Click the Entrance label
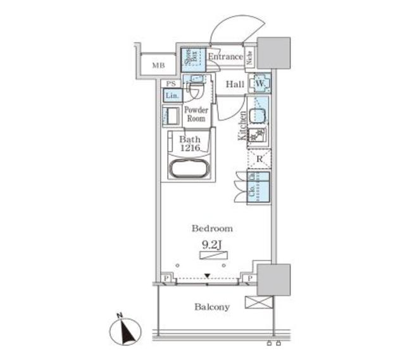pyautogui.click(x=225, y=57)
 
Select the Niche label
pyautogui.click(x=250, y=58)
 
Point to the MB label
pyautogui.click(x=158, y=65)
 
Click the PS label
pyautogui.click(x=170, y=84)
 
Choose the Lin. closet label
pyautogui.click(x=171, y=96)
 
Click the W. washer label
pyautogui.click(x=260, y=84)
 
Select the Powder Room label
pyautogui.click(x=196, y=114)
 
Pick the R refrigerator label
pyautogui.click(x=259, y=159)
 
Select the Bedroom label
pyautogui.click(x=213, y=228)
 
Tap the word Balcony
pyautogui.click(x=212, y=307)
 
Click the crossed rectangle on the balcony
pyautogui.click(x=259, y=302)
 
